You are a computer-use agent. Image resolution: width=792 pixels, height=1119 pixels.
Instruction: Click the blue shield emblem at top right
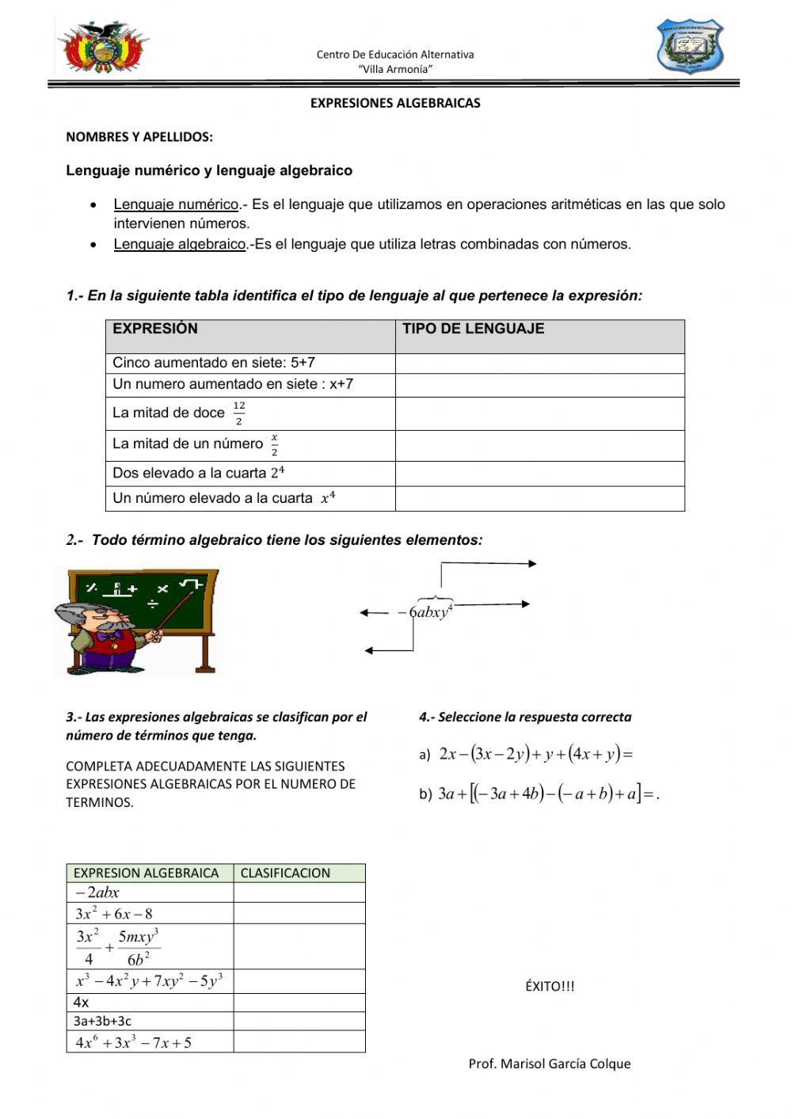pos(690,47)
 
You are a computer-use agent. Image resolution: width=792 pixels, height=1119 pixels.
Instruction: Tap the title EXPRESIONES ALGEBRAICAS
pos(395,103)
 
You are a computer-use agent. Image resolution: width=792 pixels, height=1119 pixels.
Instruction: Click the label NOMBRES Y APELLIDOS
pos(139,136)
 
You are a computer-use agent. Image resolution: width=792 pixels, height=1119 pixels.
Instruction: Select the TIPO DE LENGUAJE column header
pos(473,329)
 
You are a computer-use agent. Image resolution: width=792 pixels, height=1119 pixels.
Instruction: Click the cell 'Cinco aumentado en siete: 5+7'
pos(214,363)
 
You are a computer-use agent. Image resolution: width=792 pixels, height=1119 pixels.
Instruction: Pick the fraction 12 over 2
pos(239,413)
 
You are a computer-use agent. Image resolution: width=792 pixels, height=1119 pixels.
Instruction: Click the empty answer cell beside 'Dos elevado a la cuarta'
pos(539,474)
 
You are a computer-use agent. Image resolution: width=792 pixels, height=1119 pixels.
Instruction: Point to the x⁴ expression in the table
pos(328,498)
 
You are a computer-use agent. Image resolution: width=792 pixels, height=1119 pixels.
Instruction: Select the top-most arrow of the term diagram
pos(489,564)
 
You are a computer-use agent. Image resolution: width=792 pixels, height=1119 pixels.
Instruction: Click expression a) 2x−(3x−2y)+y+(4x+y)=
pos(535,754)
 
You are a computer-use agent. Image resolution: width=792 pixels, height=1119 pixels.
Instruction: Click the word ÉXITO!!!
pos(550,986)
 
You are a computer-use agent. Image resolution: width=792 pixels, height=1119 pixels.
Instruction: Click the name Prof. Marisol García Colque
pos(550,1064)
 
